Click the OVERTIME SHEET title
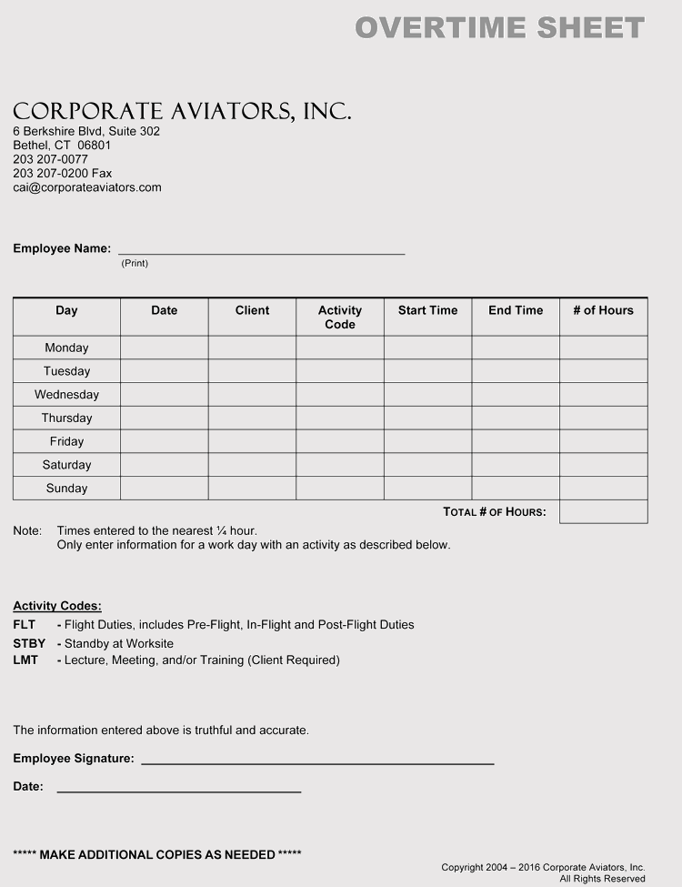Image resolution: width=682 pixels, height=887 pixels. (x=499, y=28)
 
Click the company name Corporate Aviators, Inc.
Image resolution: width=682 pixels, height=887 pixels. (x=182, y=111)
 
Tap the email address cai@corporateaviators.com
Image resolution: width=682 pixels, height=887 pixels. (x=87, y=187)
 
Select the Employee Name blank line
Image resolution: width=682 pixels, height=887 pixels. (x=261, y=249)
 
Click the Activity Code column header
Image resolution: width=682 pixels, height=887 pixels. (x=340, y=317)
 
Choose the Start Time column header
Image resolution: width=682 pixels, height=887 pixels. (x=427, y=310)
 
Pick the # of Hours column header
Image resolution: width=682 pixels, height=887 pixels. (x=603, y=310)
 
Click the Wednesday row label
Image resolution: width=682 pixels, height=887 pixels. (x=66, y=395)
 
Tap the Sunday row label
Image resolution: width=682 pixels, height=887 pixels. (x=66, y=489)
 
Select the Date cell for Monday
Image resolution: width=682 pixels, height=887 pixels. (x=165, y=348)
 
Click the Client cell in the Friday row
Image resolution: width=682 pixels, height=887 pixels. (x=252, y=441)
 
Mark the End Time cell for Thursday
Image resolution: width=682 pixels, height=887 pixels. (x=516, y=418)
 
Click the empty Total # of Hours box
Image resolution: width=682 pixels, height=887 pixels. (x=603, y=512)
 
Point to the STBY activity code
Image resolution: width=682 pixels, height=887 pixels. (x=29, y=643)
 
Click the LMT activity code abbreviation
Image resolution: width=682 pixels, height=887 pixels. (x=25, y=660)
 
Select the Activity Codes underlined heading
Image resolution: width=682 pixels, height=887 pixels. (x=57, y=606)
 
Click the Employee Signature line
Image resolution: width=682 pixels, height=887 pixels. (x=317, y=760)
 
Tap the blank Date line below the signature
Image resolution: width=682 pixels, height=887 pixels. (x=179, y=788)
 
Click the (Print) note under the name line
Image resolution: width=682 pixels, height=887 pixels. (x=135, y=263)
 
